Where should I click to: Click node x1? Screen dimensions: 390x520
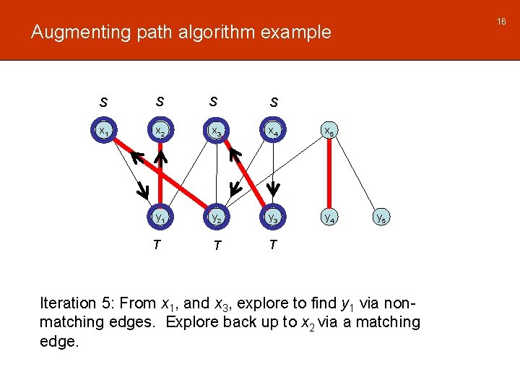click(105, 131)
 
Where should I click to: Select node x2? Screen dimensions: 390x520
click(160, 131)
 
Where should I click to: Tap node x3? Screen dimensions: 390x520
click(214, 131)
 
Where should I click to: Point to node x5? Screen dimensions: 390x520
click(329, 131)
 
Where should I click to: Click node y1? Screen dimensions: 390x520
click(160, 216)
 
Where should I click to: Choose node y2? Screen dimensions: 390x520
click(214, 216)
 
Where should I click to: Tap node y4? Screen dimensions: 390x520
click(329, 216)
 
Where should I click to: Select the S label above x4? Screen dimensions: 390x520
click(274, 103)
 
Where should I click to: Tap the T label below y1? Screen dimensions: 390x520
click(157, 245)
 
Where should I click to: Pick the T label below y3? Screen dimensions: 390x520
click(272, 245)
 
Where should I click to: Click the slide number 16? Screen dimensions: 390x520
click(502, 22)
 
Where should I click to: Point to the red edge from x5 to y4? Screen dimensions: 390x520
click(329, 173)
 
